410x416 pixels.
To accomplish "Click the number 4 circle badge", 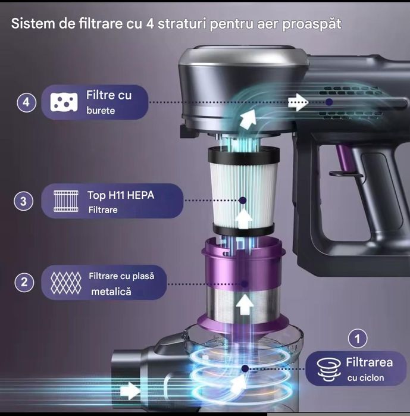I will click(x=25, y=102).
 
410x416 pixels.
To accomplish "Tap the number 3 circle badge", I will click(x=23, y=201).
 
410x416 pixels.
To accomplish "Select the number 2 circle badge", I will click(x=24, y=282).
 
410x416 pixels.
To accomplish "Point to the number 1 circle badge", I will click(x=357, y=339).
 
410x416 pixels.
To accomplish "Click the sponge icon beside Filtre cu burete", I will click(x=62, y=102).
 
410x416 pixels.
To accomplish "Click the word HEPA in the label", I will click(x=138, y=195).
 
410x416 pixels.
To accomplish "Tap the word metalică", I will click(x=111, y=292).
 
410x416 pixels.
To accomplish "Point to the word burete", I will click(x=101, y=111).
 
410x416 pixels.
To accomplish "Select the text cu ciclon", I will click(x=365, y=377).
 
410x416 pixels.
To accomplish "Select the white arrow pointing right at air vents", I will click(x=297, y=102).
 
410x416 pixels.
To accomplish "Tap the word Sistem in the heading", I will click(x=31, y=24).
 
